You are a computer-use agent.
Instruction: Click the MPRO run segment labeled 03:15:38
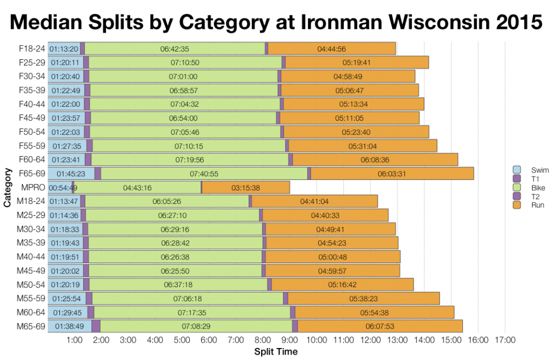(245, 188)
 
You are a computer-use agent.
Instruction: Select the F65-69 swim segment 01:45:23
(71, 173)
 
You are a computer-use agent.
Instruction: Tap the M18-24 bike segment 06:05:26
(168, 202)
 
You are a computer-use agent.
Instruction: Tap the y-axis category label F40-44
(33, 104)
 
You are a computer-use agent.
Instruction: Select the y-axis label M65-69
(33, 326)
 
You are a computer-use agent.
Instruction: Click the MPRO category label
(34, 188)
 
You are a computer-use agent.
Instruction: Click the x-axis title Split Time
(276, 352)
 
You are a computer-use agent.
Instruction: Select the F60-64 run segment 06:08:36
(375, 160)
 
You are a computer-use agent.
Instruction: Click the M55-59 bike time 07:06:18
(188, 299)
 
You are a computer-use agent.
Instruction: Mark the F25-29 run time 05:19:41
(357, 63)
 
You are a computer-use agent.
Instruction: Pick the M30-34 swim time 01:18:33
(65, 229)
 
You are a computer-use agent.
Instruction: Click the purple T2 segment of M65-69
(295, 326)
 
